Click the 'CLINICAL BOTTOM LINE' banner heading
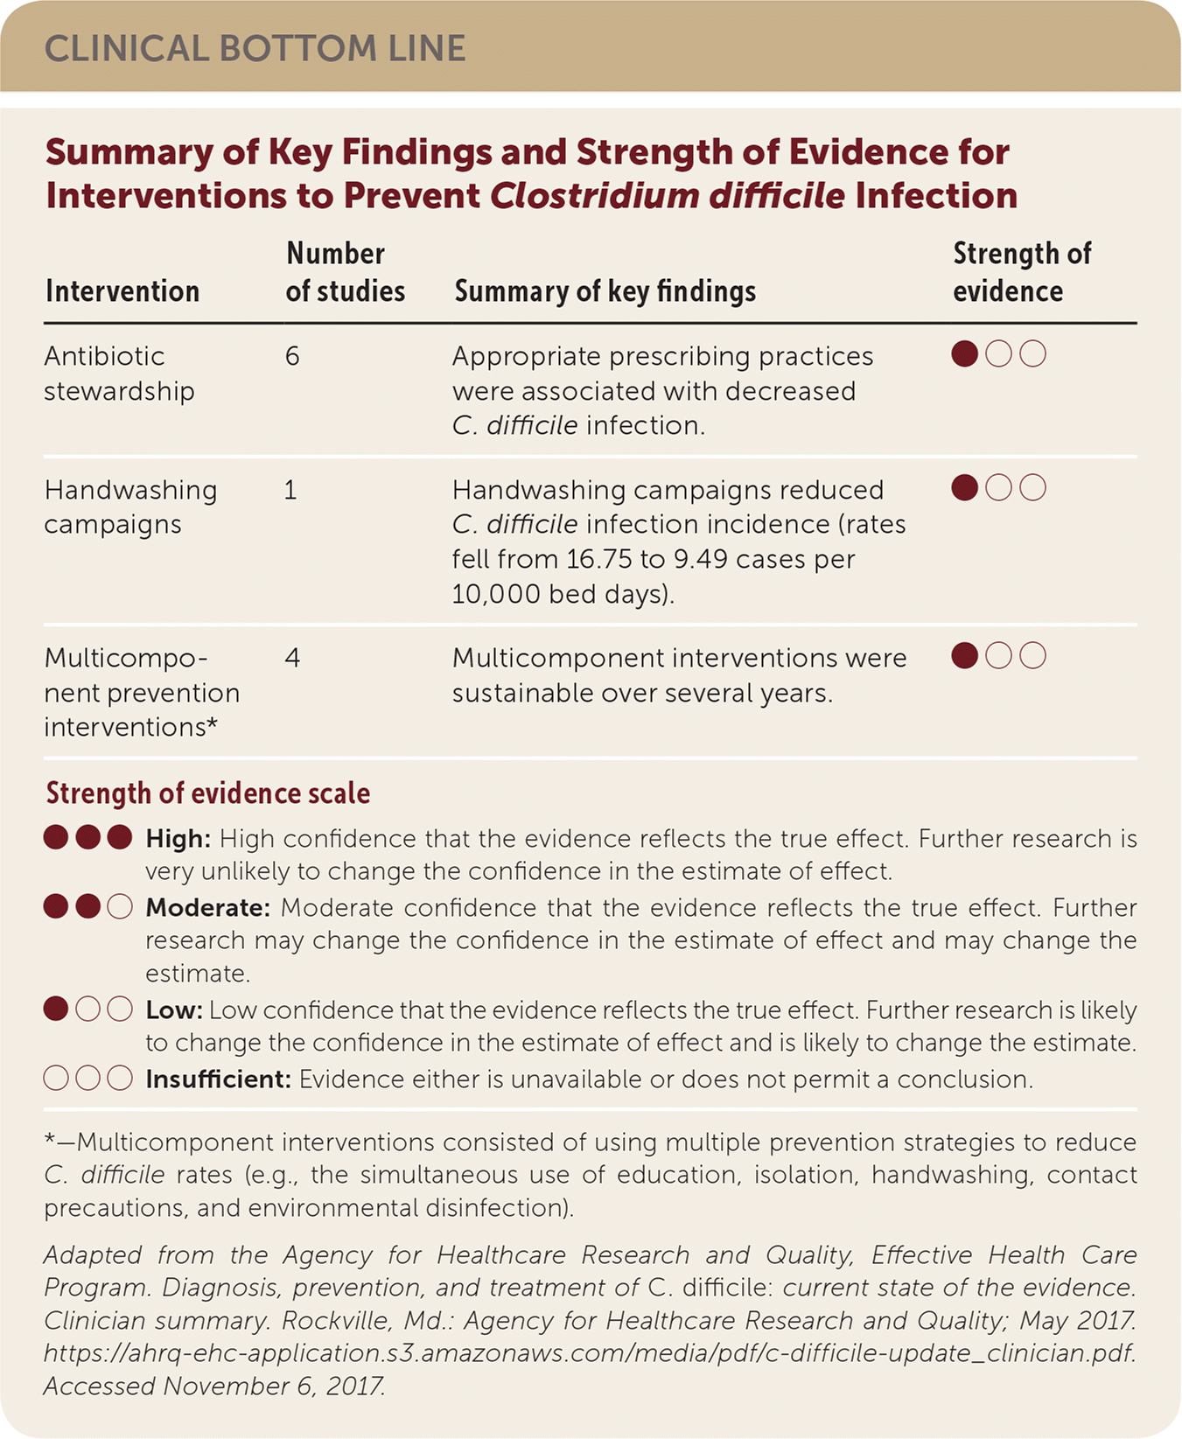coord(255,49)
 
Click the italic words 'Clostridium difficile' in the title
coord(667,196)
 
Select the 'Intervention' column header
coord(122,291)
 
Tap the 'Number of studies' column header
coord(345,272)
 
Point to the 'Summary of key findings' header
coord(605,291)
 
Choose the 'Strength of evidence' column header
coord(1021,272)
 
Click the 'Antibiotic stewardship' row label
coord(119,374)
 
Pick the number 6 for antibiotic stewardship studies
coord(292,356)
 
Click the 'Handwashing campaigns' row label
coord(130,507)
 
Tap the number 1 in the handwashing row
coord(290,490)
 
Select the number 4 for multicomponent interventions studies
coord(292,658)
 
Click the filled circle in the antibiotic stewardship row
coord(964,354)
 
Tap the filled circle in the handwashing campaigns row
coord(964,487)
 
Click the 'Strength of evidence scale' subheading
coord(208,793)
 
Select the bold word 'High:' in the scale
coord(178,839)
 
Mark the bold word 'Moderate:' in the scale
coord(208,907)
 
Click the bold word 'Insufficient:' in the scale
coord(218,1079)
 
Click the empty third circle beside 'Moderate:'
coord(120,907)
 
